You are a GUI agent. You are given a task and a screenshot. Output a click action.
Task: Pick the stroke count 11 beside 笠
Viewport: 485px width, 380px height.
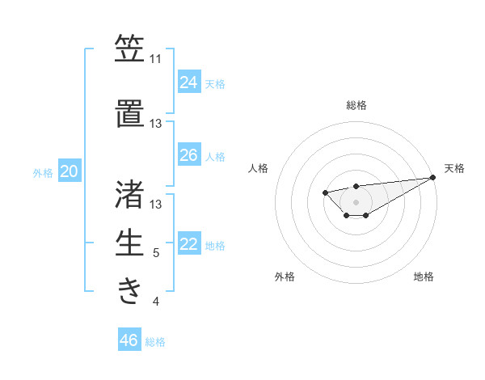click(155, 60)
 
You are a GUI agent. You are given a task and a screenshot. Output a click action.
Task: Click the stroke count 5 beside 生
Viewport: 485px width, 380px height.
click(155, 254)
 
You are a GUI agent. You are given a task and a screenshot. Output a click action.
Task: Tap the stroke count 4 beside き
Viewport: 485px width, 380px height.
click(155, 302)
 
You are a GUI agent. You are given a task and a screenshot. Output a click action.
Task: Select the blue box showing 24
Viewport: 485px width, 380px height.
click(189, 82)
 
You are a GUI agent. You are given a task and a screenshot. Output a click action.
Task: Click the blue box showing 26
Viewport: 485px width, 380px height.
click(189, 155)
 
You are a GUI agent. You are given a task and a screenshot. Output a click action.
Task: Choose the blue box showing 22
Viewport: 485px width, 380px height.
click(189, 244)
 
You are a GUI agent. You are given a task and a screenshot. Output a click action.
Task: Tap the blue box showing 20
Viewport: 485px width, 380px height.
click(70, 171)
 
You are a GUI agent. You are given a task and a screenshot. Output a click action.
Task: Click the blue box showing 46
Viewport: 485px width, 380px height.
click(129, 340)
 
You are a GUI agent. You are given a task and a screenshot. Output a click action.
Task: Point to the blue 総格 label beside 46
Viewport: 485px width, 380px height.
click(155, 342)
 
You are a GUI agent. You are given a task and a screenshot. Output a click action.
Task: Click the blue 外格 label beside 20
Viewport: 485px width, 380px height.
click(43, 173)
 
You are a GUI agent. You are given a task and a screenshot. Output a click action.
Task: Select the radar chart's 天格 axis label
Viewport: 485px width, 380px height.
click(454, 168)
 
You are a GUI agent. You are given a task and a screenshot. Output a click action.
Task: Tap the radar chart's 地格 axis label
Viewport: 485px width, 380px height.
click(424, 277)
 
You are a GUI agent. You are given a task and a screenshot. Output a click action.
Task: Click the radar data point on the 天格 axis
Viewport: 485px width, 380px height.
click(433, 177)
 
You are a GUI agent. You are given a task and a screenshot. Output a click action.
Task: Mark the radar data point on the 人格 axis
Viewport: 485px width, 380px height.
click(325, 192)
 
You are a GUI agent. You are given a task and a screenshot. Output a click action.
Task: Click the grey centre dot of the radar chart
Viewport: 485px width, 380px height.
click(356, 201)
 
